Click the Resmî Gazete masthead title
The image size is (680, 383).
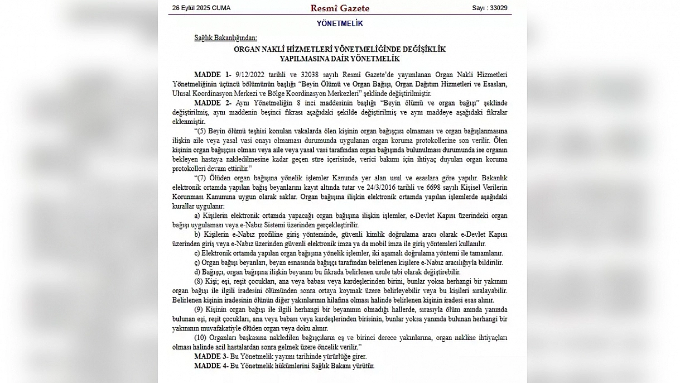[340, 8]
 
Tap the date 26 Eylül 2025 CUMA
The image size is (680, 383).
[201, 8]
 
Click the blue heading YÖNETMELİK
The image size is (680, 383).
[340, 24]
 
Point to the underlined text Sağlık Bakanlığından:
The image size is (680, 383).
[225, 39]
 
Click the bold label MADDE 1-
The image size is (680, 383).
[213, 75]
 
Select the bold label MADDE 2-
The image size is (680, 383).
[213, 103]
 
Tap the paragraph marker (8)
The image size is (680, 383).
[200, 281]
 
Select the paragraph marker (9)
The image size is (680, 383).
[200, 309]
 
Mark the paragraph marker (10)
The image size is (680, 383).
[201, 338]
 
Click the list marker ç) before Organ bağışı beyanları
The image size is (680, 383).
[197, 262]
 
